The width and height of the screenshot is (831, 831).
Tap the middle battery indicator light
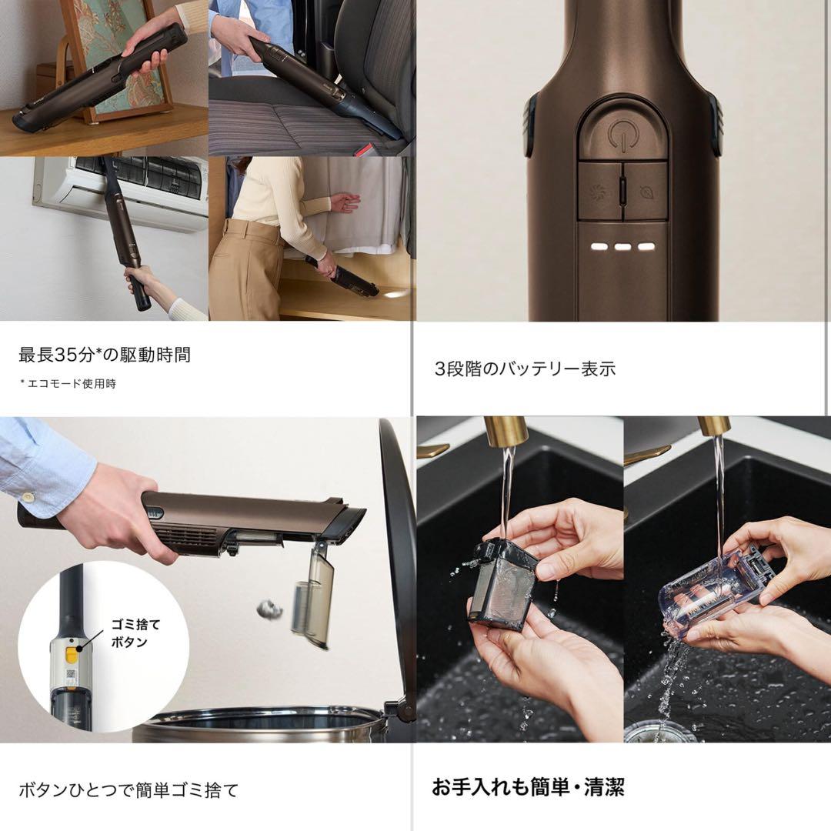pos(623,248)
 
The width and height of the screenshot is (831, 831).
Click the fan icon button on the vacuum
pos(600,192)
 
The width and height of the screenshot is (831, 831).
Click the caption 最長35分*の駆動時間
pos(105,355)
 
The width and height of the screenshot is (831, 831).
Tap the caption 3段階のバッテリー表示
pos(525,369)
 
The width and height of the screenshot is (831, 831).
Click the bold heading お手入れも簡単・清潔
pos(528,787)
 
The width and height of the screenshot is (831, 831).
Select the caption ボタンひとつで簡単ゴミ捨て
pos(128,789)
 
